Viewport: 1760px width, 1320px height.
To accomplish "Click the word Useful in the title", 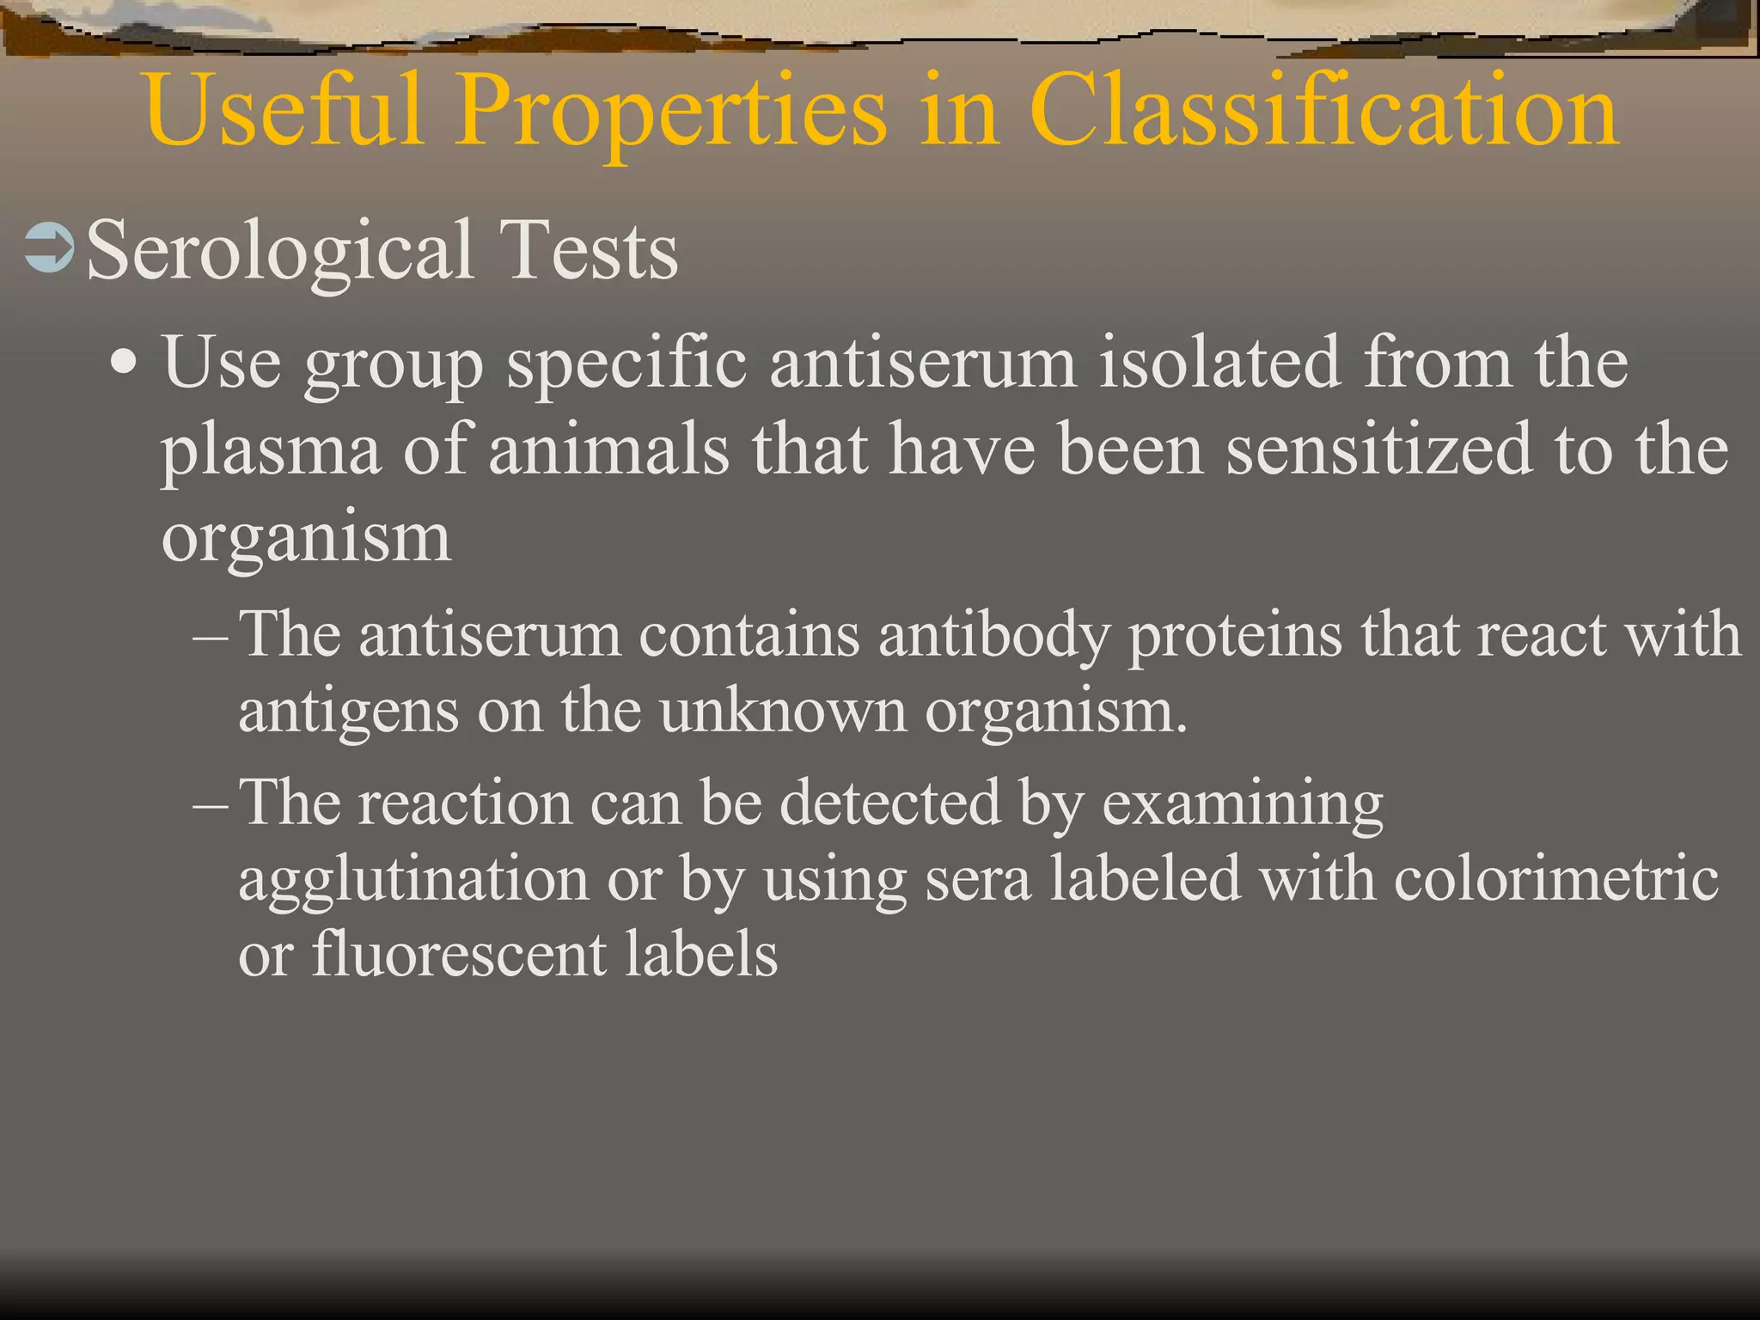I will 284,110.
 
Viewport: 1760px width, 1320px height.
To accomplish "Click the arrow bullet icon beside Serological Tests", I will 50,249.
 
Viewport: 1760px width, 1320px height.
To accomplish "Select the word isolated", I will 1219,363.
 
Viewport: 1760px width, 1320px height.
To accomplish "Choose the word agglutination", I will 413,882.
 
